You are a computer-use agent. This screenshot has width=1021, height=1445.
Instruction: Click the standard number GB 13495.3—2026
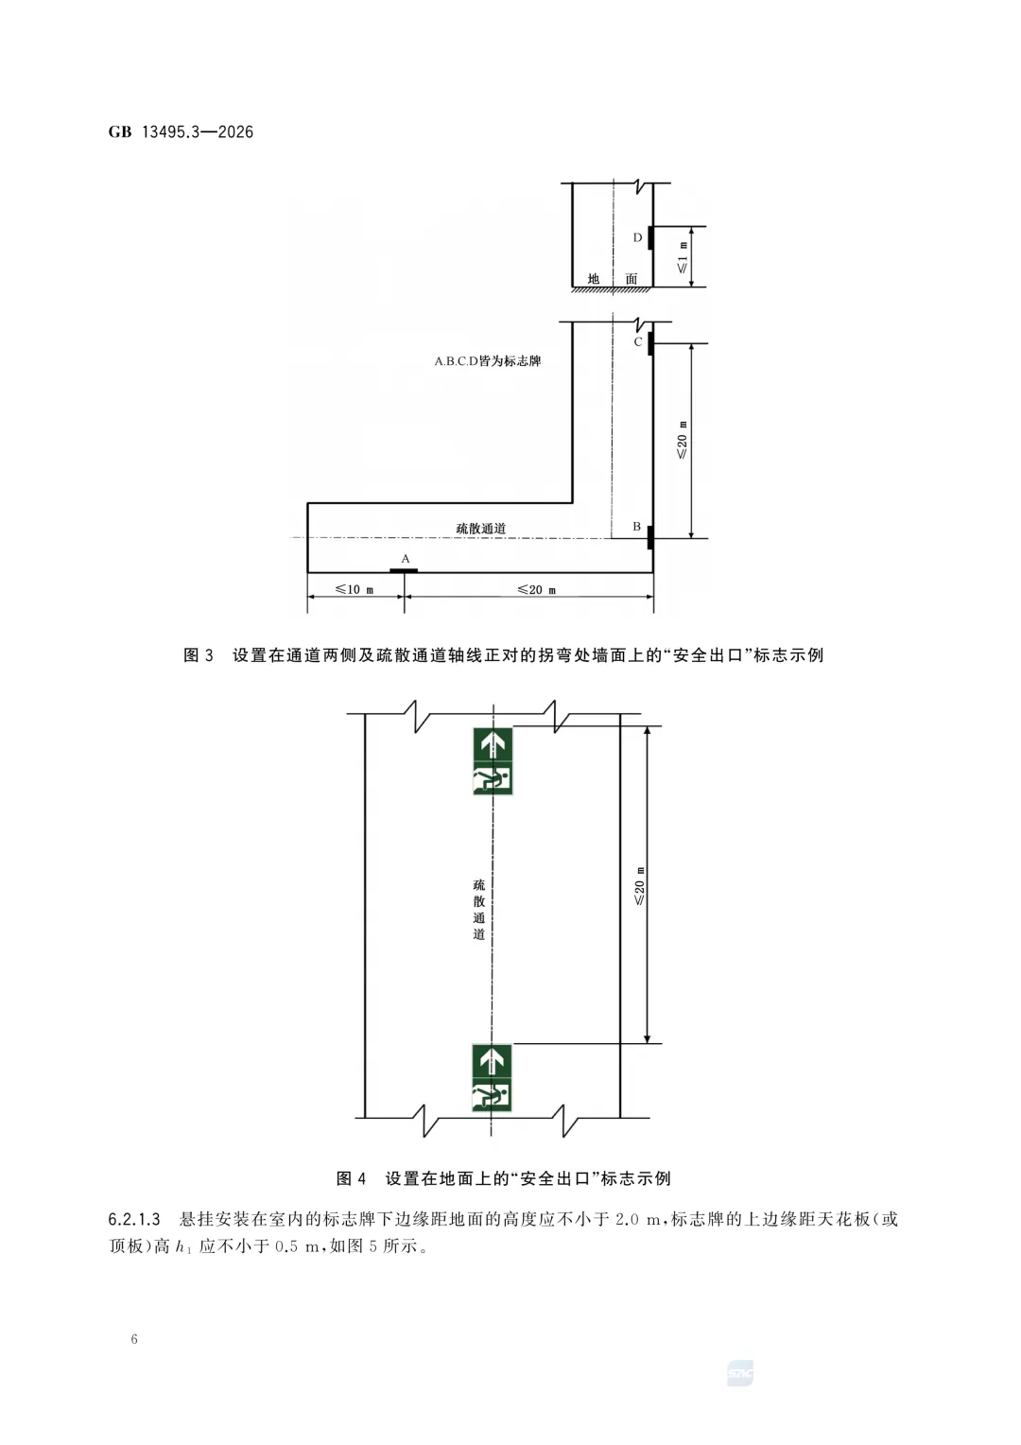pyautogui.click(x=181, y=132)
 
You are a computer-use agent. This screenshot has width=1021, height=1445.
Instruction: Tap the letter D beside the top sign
pyautogui.click(x=637, y=237)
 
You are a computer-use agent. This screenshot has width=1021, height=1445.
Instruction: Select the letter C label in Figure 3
pyautogui.click(x=638, y=341)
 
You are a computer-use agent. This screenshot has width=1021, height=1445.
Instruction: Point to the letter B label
pyautogui.click(x=637, y=527)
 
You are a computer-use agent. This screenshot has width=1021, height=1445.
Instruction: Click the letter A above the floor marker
pyautogui.click(x=406, y=559)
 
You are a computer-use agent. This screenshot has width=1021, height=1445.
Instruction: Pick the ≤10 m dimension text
pyautogui.click(x=355, y=589)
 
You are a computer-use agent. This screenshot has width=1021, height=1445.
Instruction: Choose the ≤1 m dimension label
pyautogui.click(x=683, y=257)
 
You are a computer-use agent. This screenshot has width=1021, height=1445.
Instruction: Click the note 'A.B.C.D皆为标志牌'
pyautogui.click(x=488, y=360)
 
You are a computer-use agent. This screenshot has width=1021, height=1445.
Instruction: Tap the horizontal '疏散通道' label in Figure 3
pyautogui.click(x=481, y=529)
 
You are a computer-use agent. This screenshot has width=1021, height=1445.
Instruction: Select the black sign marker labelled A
pyautogui.click(x=404, y=570)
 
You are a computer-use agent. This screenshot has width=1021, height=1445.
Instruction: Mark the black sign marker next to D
pyautogui.click(x=650, y=236)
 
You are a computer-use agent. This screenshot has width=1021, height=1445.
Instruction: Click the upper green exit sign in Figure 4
pyautogui.click(x=493, y=760)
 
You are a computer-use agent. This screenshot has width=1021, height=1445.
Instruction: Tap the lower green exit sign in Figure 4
pyautogui.click(x=492, y=1078)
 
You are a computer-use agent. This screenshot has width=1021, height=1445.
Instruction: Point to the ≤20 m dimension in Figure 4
pyautogui.click(x=639, y=885)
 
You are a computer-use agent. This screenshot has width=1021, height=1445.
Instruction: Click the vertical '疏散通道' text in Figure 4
pyautogui.click(x=479, y=909)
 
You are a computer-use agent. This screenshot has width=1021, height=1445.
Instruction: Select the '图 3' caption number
pyautogui.click(x=199, y=655)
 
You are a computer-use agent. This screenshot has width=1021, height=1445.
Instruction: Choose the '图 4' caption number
pyautogui.click(x=351, y=1178)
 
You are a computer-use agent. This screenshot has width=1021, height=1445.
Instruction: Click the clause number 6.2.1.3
pyautogui.click(x=134, y=1219)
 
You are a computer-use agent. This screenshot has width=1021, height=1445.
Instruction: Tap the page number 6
pyautogui.click(x=134, y=1338)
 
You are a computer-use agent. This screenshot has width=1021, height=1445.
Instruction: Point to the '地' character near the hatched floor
pyautogui.click(x=594, y=279)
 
